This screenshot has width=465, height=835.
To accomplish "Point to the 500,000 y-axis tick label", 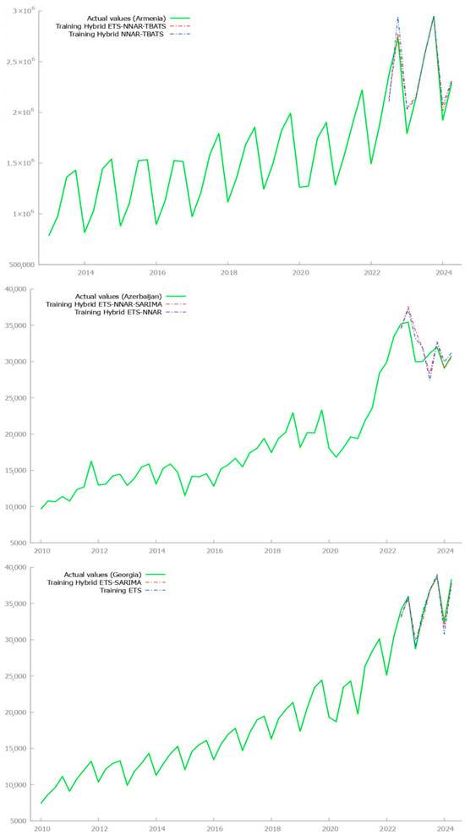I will click(17, 265).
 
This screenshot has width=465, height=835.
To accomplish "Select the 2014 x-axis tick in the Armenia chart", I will click(85, 273).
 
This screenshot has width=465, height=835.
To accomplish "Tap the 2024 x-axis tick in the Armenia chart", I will click(443, 273).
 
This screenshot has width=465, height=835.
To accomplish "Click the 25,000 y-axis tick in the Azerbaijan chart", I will click(18, 398).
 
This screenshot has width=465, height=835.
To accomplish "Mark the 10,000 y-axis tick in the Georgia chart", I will click(18, 784).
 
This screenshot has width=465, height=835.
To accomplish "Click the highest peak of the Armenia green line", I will click(434, 16).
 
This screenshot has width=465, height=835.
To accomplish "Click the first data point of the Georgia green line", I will click(41, 803).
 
